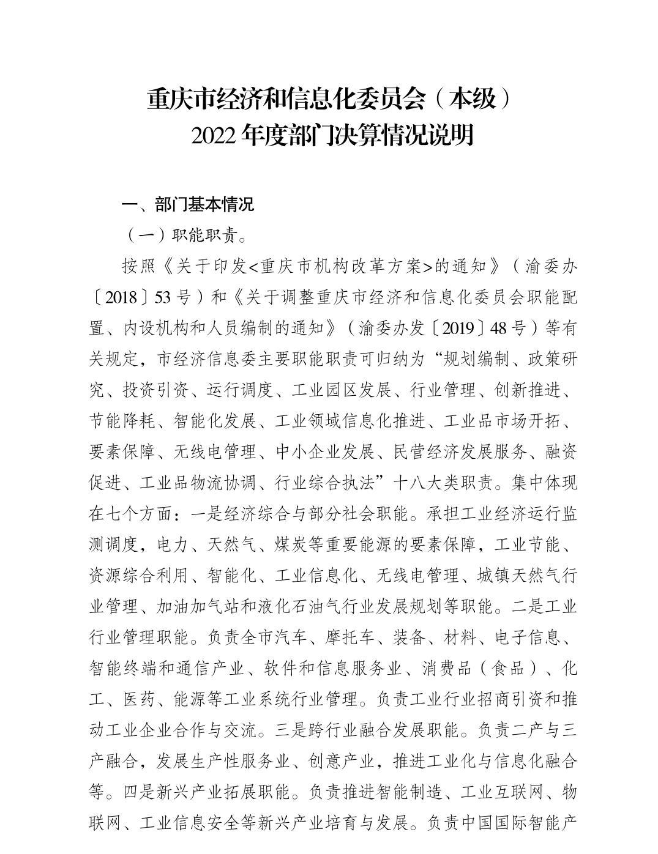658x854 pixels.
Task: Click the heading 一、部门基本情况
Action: pyautogui.click(x=187, y=204)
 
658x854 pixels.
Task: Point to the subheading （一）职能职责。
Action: pyautogui.click(x=186, y=236)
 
